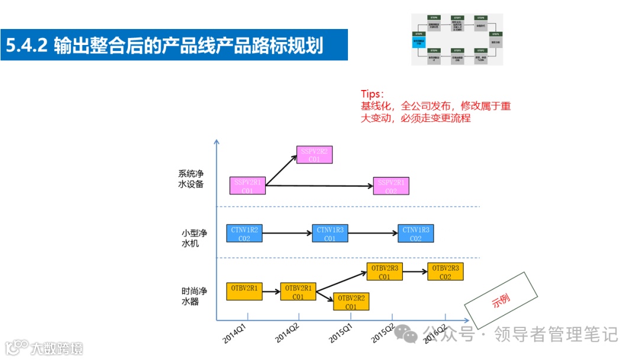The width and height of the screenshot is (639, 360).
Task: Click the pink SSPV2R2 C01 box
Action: point(314,155)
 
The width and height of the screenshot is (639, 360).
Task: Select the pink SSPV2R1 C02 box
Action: point(391,186)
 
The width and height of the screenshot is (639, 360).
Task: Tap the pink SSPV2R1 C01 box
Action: point(247,186)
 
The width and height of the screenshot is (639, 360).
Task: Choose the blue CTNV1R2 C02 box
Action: point(244,234)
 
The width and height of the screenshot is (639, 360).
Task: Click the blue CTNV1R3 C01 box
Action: point(330,234)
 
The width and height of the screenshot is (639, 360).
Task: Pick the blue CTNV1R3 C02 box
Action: point(415,234)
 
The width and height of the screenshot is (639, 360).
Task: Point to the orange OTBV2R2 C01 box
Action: point(351,301)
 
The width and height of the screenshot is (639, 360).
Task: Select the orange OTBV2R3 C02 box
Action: point(445,272)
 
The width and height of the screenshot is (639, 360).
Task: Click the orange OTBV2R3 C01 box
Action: point(384,272)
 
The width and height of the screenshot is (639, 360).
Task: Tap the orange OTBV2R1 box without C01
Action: point(244,291)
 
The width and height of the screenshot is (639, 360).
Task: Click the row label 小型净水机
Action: point(194,238)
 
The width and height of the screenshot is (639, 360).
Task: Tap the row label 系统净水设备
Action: point(191,179)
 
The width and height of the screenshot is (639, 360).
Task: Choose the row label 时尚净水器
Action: point(194,296)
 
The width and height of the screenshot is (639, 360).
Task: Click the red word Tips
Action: point(372,94)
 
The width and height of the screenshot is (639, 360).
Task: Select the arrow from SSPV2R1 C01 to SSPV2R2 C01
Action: point(281,171)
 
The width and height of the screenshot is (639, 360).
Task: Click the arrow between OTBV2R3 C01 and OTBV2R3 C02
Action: point(415,272)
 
